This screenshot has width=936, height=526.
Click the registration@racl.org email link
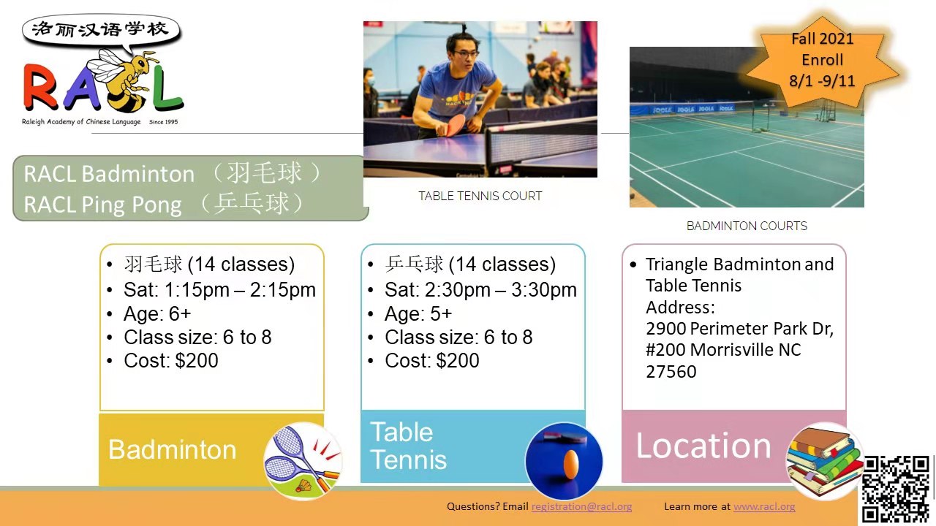pyautogui.click(x=581, y=506)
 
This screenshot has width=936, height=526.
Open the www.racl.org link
pyautogui.click(x=764, y=506)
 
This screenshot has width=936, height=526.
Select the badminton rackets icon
pyautogui.click(x=303, y=461)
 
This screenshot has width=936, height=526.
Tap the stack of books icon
pyautogui.click(x=824, y=461)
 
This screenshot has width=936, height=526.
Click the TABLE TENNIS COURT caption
pyautogui.click(x=480, y=196)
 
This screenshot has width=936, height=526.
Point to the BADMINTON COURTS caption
pyautogui.click(x=747, y=226)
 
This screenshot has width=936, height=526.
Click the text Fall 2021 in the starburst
pyautogui.click(x=822, y=39)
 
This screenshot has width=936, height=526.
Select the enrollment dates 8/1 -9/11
pyautogui.click(x=822, y=80)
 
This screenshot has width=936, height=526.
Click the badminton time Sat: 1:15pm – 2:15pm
pyautogui.click(x=219, y=290)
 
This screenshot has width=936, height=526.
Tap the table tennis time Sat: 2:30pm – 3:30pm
pyautogui.click(x=480, y=290)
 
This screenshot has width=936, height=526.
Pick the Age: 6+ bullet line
pyautogui.click(x=157, y=314)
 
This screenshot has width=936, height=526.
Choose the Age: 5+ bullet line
pyautogui.click(x=418, y=314)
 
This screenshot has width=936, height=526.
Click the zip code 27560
pyautogui.click(x=671, y=372)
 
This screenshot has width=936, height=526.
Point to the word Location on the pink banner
pyautogui.click(x=703, y=446)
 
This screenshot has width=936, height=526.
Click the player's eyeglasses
pyautogui.click(x=466, y=54)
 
